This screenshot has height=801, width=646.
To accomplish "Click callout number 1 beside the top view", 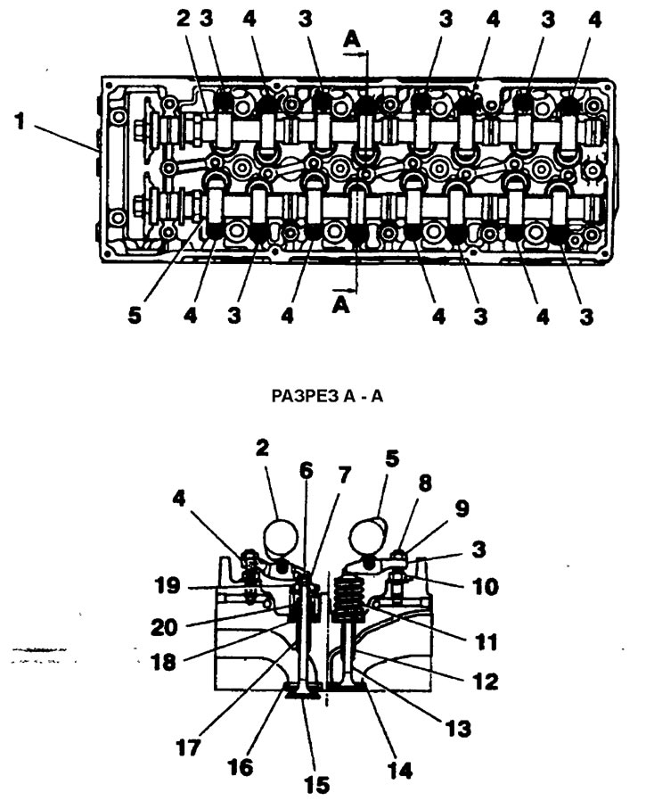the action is coord(20,121).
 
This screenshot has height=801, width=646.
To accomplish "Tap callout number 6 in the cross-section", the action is coord(306,470).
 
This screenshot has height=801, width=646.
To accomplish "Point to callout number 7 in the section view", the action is coord(345,475).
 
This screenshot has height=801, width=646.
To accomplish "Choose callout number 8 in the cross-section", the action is coord(425,483).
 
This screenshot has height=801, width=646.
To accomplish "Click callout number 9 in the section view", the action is coord(462,508).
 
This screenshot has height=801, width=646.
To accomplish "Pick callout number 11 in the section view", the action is coord(486,641).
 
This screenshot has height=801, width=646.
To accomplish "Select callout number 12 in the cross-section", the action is coord(486,681).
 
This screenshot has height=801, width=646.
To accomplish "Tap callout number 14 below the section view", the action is coord(400,770).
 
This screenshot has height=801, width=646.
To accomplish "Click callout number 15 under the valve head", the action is coord(316,785).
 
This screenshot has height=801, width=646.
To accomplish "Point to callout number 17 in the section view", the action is coord(188,748).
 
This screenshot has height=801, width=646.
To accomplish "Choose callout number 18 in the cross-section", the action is coord(163,663).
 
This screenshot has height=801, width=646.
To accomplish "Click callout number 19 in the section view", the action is coord(168,585).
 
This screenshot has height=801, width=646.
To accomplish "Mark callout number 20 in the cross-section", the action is coord(164,627).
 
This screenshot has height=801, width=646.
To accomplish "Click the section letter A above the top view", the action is coord(352,39).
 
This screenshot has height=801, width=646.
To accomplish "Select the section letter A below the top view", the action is coord(340,304).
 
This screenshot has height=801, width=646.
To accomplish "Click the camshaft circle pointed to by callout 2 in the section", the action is coord(280,537).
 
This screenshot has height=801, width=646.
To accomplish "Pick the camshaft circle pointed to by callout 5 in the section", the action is coord(365,536).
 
